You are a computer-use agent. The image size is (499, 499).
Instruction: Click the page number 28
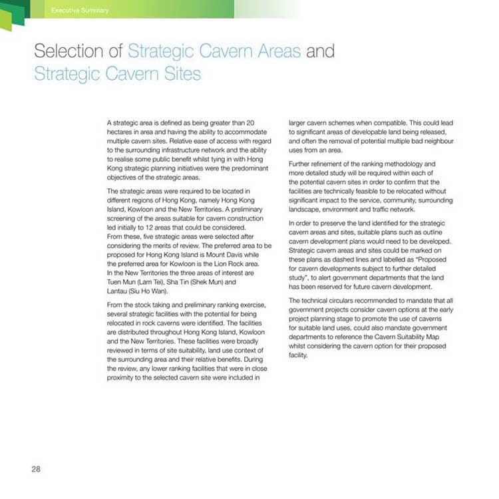click(x=36, y=469)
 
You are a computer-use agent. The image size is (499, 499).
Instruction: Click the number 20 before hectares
click(x=250, y=124)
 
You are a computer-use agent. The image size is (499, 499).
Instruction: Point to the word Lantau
click(x=117, y=291)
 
